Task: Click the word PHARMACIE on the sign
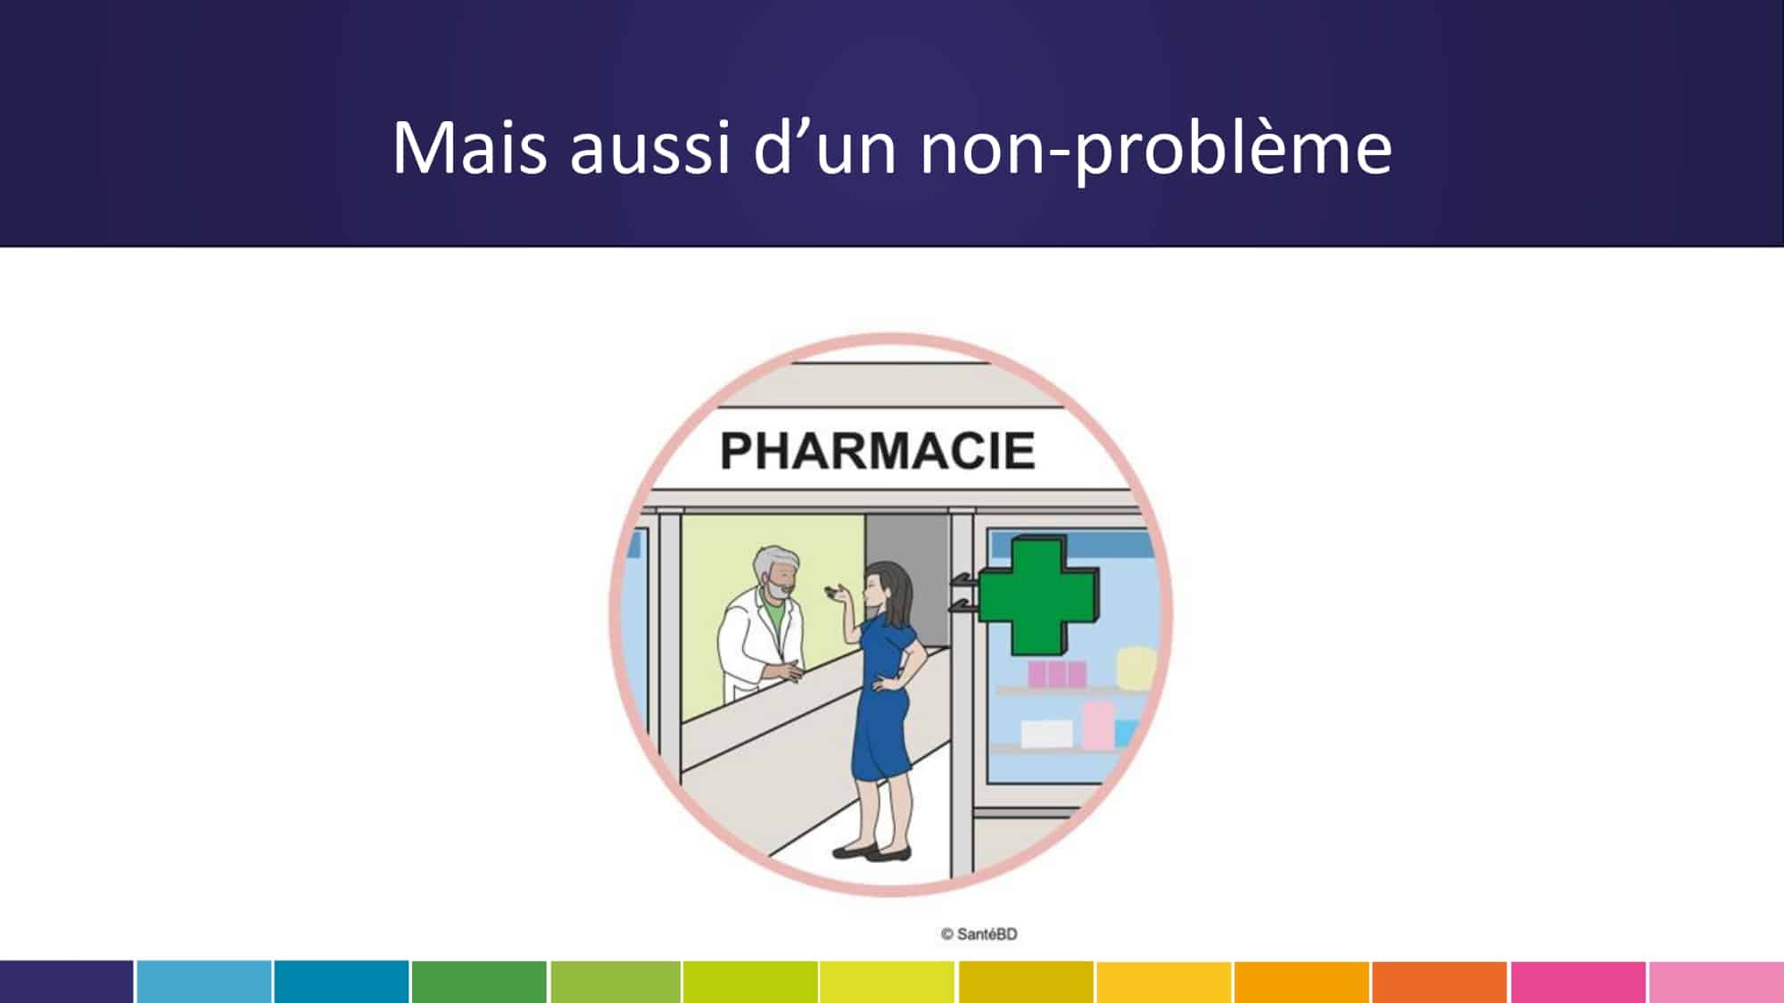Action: click(x=877, y=450)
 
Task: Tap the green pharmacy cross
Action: click(x=1037, y=595)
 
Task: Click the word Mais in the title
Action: click(x=469, y=148)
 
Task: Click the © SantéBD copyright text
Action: click(x=979, y=933)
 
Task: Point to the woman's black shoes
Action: click(x=871, y=852)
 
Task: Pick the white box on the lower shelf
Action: click(x=1046, y=734)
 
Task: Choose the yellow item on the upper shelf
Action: click(x=1136, y=667)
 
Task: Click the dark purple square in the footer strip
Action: click(x=67, y=982)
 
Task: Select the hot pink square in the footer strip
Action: click(x=1578, y=982)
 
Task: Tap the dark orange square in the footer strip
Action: click(x=1440, y=982)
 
